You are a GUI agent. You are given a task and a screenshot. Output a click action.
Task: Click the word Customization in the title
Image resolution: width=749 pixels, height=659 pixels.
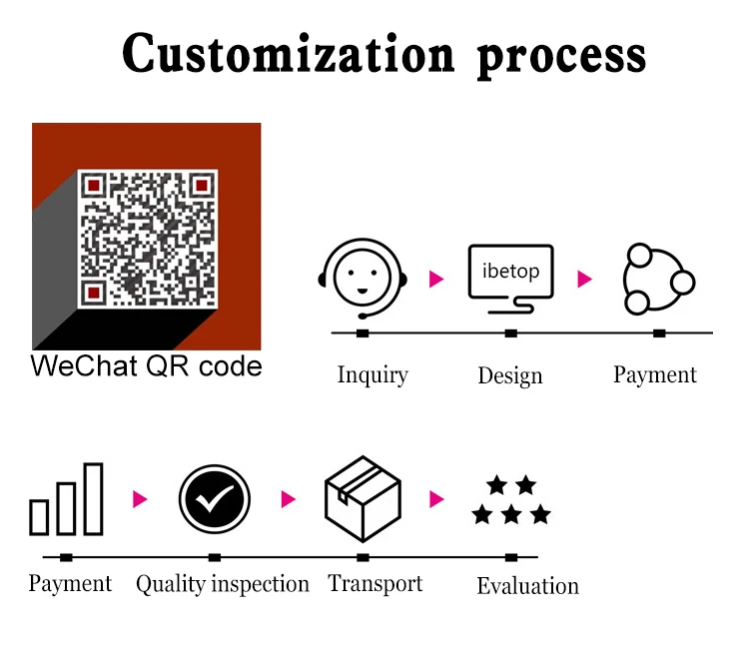(x=288, y=53)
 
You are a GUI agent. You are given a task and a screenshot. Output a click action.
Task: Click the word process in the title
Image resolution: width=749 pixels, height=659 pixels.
(x=561, y=58)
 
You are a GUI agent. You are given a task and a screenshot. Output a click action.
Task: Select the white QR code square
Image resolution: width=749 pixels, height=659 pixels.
(x=147, y=239)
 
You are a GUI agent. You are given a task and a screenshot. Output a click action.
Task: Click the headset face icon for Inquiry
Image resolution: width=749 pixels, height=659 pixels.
(x=363, y=279)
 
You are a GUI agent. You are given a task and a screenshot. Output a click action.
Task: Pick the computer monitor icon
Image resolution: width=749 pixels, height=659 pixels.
(x=510, y=279)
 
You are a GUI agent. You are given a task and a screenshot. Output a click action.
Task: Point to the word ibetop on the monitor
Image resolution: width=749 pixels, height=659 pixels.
(x=510, y=271)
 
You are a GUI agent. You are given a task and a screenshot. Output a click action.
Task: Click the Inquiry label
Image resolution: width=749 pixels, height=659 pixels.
(x=373, y=374)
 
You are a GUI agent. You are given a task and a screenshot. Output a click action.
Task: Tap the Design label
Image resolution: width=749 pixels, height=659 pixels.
(x=510, y=375)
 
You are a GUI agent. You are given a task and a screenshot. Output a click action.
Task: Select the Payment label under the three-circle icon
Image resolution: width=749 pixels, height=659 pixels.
(x=655, y=374)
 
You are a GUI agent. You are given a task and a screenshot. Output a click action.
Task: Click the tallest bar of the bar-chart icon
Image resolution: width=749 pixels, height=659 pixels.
(x=94, y=498)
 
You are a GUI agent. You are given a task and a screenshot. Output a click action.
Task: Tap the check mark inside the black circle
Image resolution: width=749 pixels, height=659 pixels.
(x=215, y=499)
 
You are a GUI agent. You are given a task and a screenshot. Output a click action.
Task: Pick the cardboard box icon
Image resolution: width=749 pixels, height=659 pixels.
(x=363, y=498)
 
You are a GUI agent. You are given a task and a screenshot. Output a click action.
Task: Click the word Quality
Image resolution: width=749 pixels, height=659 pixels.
(x=171, y=584)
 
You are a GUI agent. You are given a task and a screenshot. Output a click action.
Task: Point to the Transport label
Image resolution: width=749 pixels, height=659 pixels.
(x=374, y=583)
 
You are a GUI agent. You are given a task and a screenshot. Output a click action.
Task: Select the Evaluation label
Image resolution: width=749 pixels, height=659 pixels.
(x=528, y=586)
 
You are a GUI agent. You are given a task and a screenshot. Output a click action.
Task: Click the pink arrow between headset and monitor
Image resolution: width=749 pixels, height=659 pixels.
(x=436, y=279)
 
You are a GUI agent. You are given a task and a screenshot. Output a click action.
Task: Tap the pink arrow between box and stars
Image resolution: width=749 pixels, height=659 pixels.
(x=436, y=499)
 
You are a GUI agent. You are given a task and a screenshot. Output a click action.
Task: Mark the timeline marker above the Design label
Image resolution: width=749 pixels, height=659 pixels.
(x=510, y=333)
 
